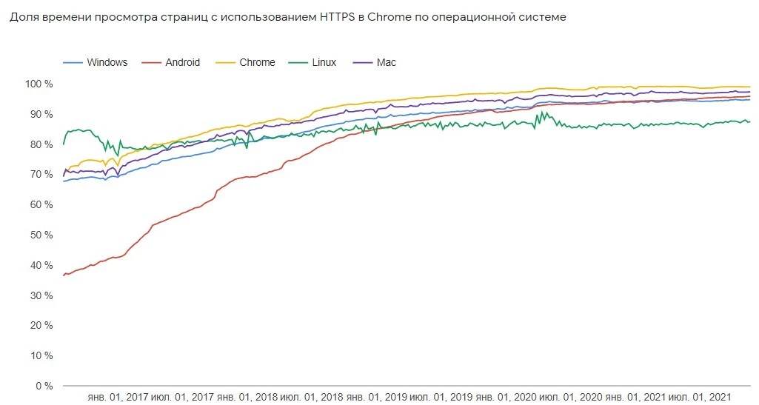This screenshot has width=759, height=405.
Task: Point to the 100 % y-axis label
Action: coord(39,84)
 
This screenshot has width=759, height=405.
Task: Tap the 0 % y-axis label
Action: coord(44,386)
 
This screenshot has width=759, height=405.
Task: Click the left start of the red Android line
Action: coord(64,275)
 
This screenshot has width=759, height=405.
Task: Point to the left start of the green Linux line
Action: coord(64,144)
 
